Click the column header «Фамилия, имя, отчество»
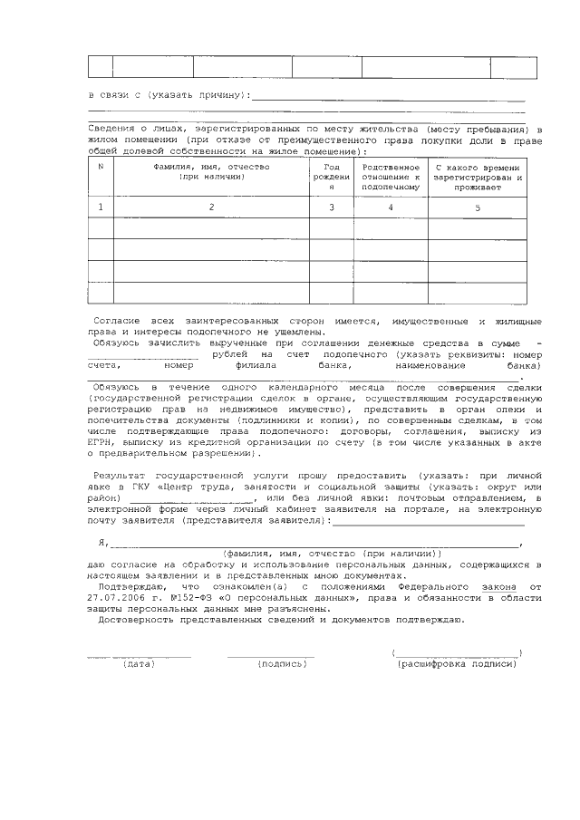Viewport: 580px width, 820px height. [211, 172]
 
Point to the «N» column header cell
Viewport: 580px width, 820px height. [101, 167]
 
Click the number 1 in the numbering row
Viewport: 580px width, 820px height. [101, 207]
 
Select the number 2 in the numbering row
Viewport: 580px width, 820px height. [211, 207]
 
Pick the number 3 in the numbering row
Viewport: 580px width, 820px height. [332, 207]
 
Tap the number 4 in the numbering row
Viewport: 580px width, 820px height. [391, 207]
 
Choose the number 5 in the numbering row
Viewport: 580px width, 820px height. [478, 207]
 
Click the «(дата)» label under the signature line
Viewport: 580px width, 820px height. [139, 664]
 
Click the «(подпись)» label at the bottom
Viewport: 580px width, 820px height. [283, 664]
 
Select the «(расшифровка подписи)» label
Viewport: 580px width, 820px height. [457, 664]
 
